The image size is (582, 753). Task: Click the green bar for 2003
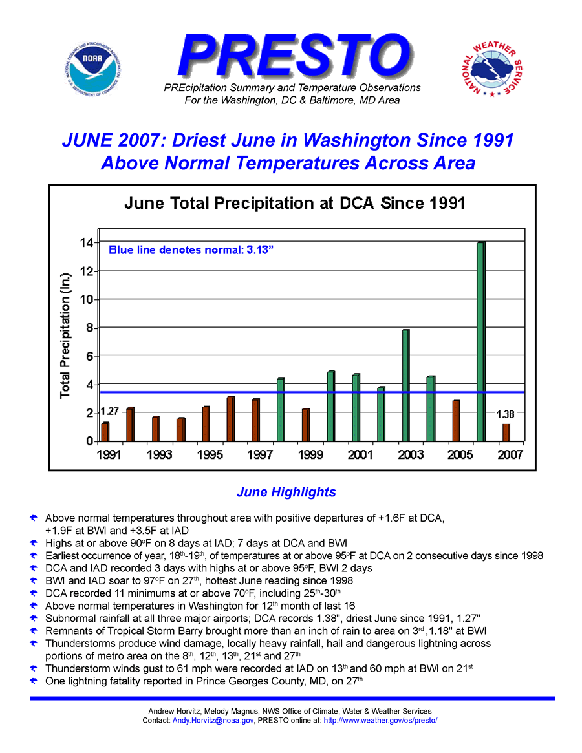pos(405,385)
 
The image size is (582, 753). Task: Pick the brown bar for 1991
pos(105,432)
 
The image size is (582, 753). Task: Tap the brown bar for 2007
pos(506,432)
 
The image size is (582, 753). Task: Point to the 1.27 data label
pos(109,411)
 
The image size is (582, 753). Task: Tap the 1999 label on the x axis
pos(310,455)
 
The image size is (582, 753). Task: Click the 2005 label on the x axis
pos(460,455)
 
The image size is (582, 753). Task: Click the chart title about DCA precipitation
pos(294,204)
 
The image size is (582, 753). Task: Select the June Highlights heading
pos(286,492)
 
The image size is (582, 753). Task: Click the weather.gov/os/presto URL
pos(380,720)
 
